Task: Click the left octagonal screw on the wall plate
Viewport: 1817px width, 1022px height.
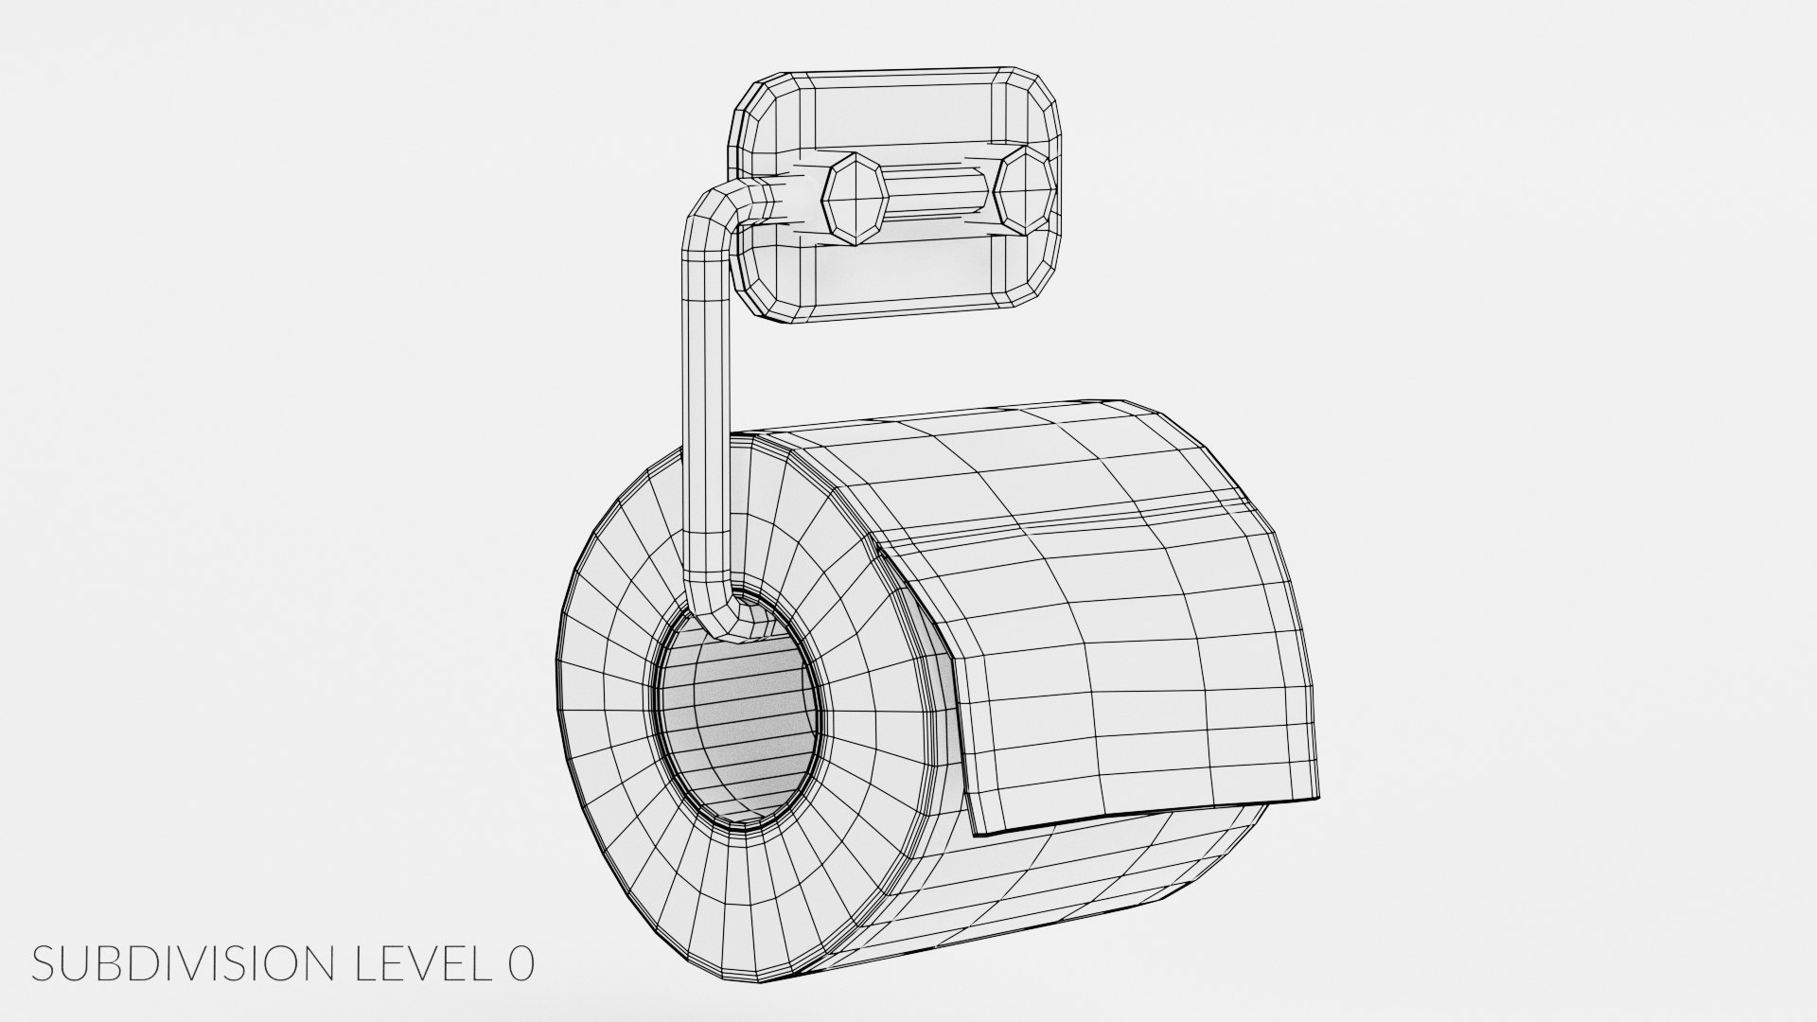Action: tap(856, 198)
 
